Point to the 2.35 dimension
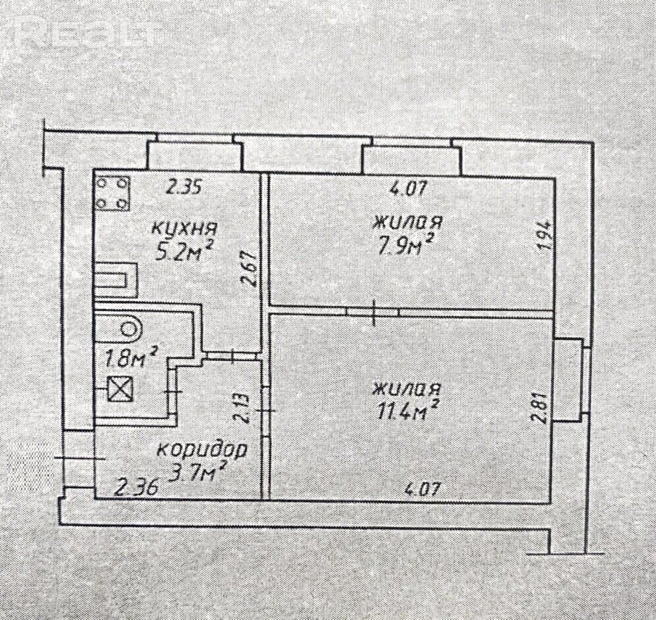coord(184,186)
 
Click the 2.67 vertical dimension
coord(251,268)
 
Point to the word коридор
coord(202,451)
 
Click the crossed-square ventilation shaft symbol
coord(120,389)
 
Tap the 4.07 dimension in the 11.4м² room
coord(423,488)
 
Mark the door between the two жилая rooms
coord(373,312)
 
